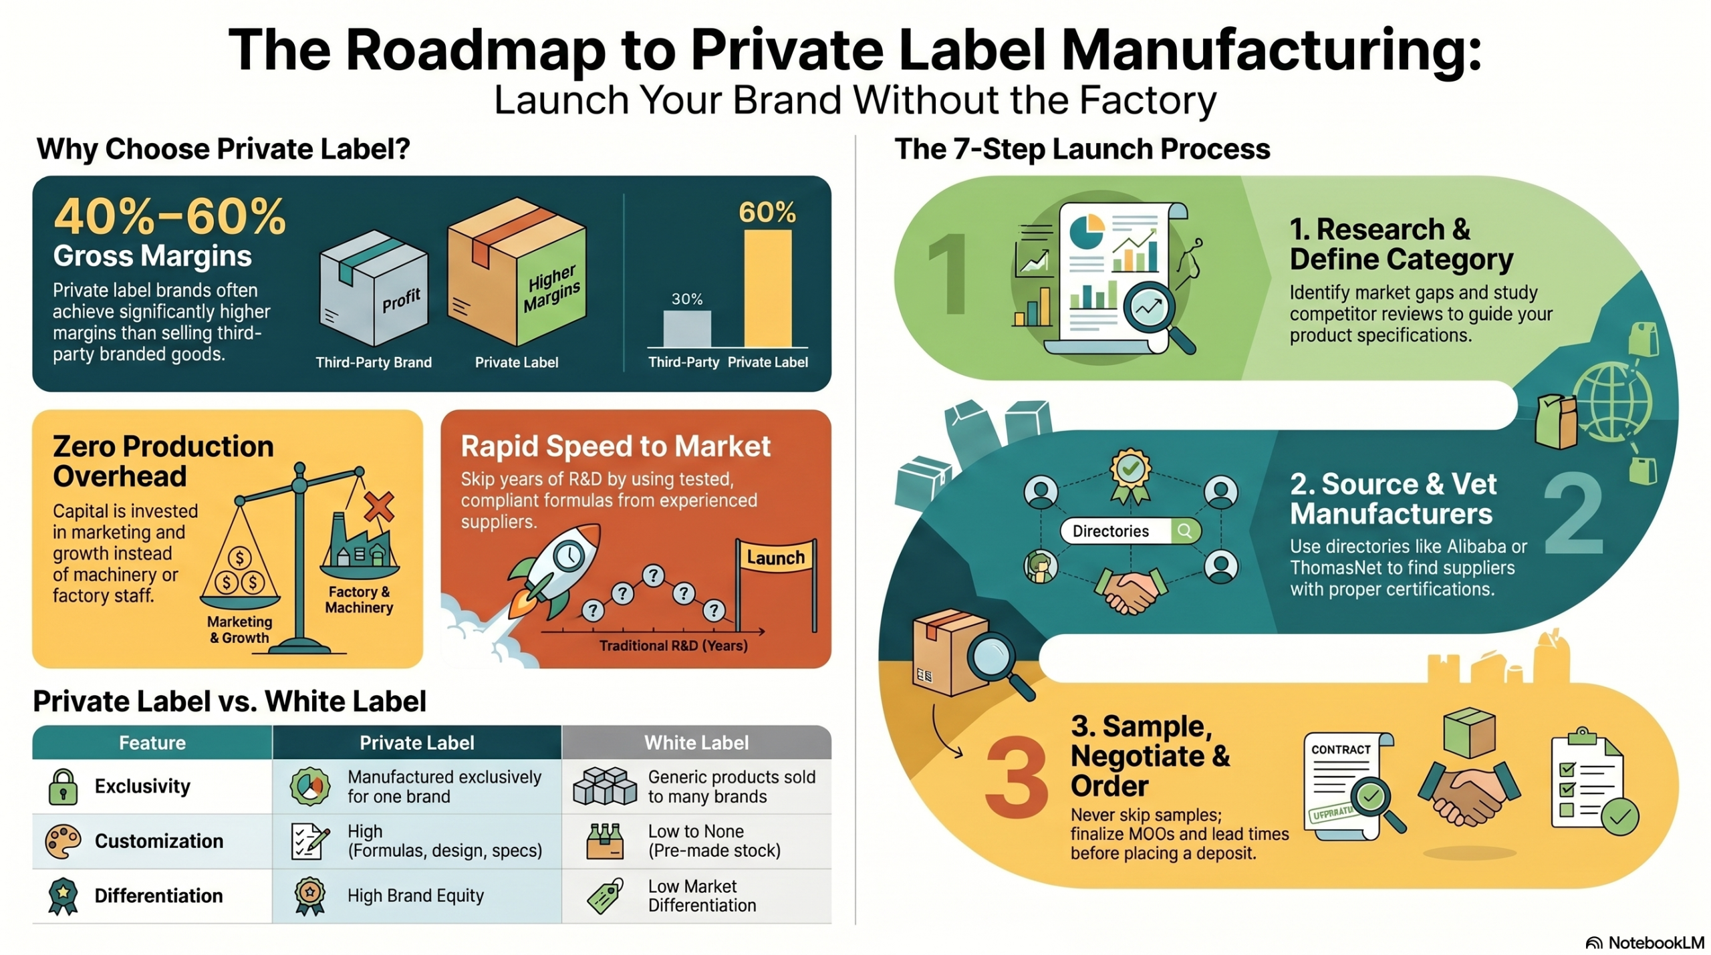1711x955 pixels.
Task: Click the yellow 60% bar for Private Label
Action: click(767, 289)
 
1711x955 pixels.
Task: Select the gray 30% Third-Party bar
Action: click(687, 329)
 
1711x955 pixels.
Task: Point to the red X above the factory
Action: click(379, 507)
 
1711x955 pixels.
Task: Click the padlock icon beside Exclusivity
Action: click(63, 786)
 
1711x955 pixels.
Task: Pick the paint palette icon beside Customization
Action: click(63, 841)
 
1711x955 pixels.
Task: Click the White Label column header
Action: click(696, 742)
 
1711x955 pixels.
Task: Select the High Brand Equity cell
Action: click(416, 896)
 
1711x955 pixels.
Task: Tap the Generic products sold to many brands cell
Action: click(696, 787)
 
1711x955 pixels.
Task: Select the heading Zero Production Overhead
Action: click(163, 461)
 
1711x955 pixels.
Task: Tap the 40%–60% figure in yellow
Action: click(170, 217)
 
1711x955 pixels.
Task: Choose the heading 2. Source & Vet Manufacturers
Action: click(1392, 499)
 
